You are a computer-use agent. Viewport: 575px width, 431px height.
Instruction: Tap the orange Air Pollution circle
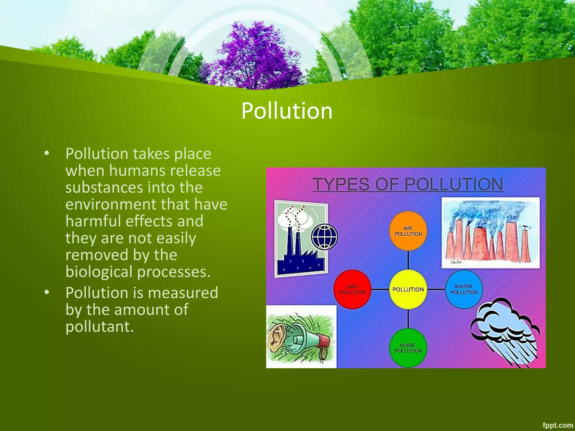tap(408, 231)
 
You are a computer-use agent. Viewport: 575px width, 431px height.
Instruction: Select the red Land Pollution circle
tap(352, 289)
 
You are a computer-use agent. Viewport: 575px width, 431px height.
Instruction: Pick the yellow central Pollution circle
tap(408, 289)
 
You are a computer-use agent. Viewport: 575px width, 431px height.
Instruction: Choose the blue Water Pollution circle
tap(464, 289)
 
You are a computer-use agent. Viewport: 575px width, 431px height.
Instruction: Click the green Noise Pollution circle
tap(408, 348)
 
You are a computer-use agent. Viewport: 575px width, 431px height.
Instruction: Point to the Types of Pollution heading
tap(408, 184)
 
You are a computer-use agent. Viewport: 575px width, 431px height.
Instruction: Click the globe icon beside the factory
tap(324, 237)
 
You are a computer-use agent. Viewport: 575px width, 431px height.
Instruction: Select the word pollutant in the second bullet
tap(99, 327)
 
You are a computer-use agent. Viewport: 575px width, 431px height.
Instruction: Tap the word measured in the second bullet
tap(183, 293)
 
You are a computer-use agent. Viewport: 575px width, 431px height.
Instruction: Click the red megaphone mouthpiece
tap(323, 341)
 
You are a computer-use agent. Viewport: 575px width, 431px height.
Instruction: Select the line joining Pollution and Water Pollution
tap(436, 289)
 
